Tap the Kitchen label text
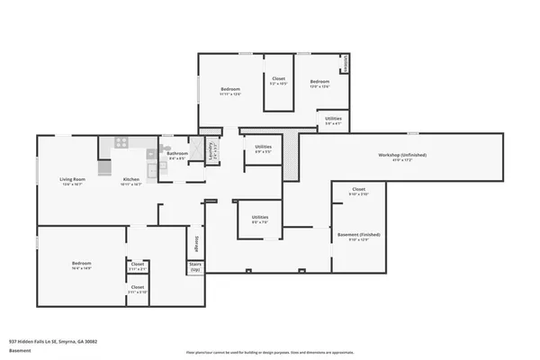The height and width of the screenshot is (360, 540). pyautogui.click(x=131, y=180)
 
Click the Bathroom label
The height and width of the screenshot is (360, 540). pyautogui.click(x=177, y=154)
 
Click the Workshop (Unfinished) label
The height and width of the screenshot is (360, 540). pyautogui.click(x=401, y=155)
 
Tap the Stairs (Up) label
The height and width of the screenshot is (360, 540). pyautogui.click(x=195, y=267)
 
